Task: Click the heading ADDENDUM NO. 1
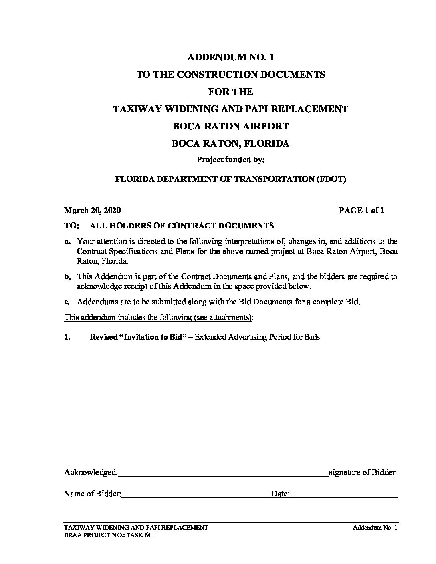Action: point(230,57)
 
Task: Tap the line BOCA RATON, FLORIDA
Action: point(230,143)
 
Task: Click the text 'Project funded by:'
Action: point(230,160)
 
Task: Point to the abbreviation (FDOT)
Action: point(331,179)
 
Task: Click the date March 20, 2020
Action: point(92,211)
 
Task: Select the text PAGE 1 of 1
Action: point(361,211)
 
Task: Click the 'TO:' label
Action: point(71,226)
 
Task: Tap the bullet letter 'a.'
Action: point(67,241)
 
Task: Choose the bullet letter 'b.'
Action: point(67,276)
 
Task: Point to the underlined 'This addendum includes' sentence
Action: point(159,318)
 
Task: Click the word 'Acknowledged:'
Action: point(91,473)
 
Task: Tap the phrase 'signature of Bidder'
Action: point(362,473)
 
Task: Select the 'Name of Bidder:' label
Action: point(92,494)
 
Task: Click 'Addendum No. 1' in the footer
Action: point(375,528)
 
